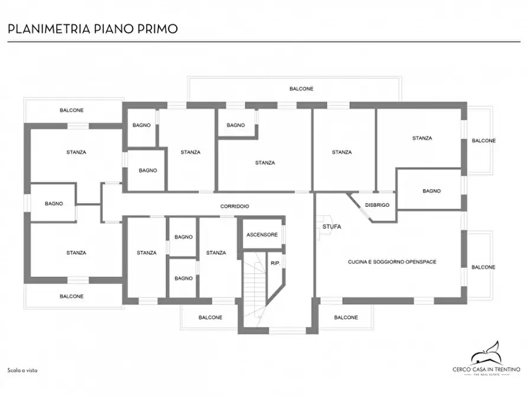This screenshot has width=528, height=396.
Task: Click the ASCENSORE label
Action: (262, 235)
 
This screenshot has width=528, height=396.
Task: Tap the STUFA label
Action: (332, 226)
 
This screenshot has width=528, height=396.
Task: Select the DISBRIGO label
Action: (377, 205)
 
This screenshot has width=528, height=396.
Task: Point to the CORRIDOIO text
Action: (235, 206)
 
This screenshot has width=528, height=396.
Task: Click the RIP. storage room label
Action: (276, 263)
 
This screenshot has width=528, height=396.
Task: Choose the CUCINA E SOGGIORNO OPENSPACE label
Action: (392, 262)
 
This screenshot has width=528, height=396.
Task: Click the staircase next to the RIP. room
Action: (255, 289)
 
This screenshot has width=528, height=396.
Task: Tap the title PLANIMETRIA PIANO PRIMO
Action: (93, 29)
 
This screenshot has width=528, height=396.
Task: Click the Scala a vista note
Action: (22, 371)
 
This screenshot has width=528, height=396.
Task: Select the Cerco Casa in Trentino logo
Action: (487, 359)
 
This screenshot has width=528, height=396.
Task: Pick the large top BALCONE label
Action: (302, 89)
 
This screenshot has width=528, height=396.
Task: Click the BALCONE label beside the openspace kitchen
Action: (483, 267)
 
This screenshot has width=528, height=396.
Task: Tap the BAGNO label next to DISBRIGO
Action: (432, 191)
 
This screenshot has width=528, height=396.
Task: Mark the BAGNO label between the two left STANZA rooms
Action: (54, 203)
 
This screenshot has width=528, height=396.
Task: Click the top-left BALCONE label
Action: (72, 110)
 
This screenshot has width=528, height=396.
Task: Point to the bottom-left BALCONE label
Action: (72, 296)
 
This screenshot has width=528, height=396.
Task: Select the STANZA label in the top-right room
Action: (422, 138)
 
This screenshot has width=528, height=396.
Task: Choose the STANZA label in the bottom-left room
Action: (76, 252)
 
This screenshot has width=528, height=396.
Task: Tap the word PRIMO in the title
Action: (157, 29)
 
